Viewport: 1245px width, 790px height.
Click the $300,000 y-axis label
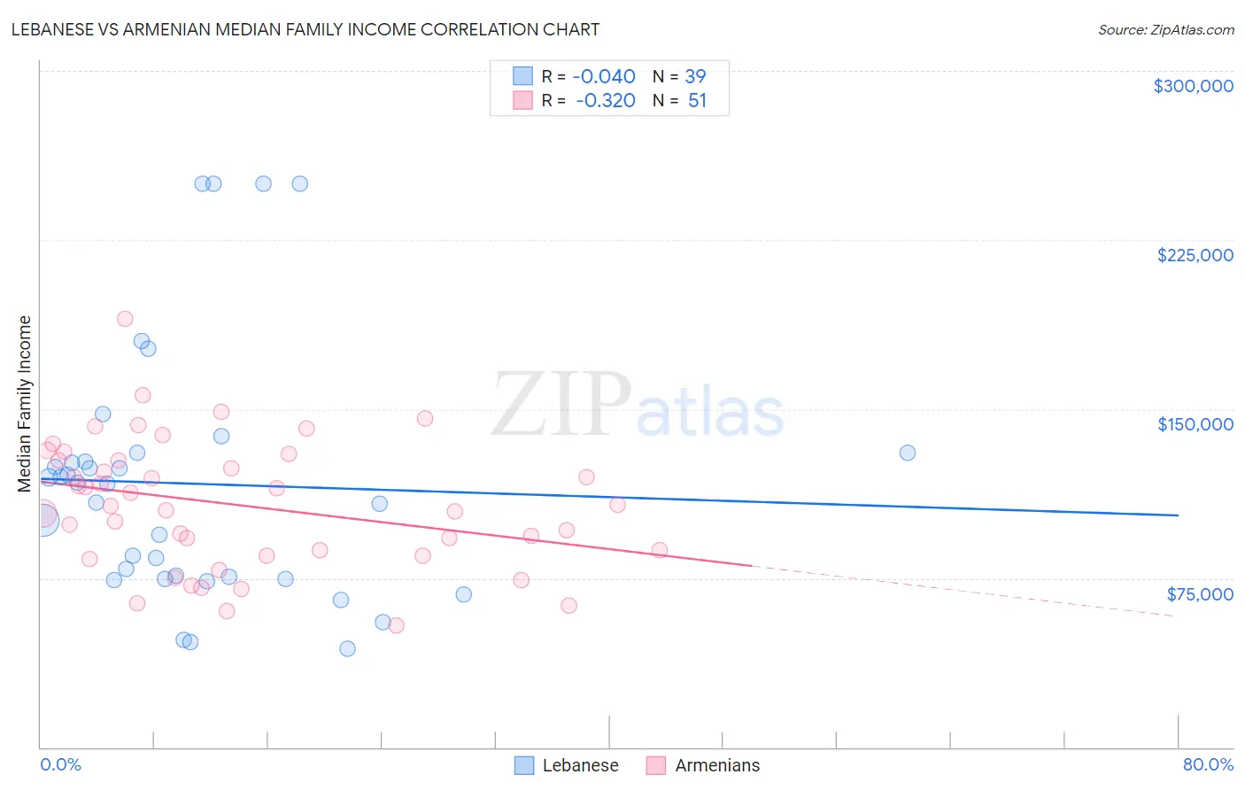click(1193, 86)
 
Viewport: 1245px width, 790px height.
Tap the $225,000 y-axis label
click(1195, 255)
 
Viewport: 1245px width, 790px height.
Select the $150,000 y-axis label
click(1195, 424)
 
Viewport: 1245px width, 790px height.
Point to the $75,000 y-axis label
click(1199, 593)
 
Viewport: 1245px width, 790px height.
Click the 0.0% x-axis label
click(60, 764)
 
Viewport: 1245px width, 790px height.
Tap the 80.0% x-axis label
click(1208, 764)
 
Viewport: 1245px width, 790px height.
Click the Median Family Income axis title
click(25, 403)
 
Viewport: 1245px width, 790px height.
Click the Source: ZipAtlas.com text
click(1165, 29)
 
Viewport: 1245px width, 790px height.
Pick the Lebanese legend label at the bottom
click(580, 765)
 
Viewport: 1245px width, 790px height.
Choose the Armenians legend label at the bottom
click(717, 765)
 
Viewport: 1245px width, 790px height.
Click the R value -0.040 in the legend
click(604, 76)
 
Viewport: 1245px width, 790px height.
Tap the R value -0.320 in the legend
click(605, 100)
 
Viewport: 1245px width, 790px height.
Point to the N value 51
click(697, 100)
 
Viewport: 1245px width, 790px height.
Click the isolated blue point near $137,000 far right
click(908, 453)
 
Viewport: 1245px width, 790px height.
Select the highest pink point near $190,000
click(125, 319)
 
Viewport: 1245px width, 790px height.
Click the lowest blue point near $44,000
click(347, 648)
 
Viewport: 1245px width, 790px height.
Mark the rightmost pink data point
click(659, 549)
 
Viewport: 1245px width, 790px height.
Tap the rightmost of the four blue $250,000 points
click(300, 184)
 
